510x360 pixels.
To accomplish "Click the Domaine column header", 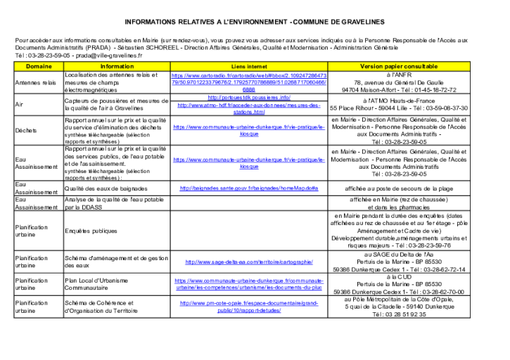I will tap(39, 67).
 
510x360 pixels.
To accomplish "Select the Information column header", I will tap(117, 67).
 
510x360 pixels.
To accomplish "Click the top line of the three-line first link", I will tap(249, 75).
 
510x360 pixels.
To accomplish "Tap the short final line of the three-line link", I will tap(249, 89).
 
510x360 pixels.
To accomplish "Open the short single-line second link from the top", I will tap(249, 97).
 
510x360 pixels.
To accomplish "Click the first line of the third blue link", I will tap(249, 105).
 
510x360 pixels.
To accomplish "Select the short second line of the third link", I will tap(249, 112).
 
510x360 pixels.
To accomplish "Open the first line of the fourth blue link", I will tap(249, 127).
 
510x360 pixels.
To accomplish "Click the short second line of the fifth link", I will tap(249, 167).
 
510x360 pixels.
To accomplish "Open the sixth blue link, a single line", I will tap(249, 188).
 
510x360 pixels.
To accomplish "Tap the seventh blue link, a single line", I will tap(249, 262).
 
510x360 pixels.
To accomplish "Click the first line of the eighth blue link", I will tap(249, 281).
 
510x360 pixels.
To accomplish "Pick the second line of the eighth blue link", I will tap(249, 288).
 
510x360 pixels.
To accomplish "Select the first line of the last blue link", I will tap(249, 303).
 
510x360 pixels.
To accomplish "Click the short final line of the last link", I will tap(249, 310).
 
